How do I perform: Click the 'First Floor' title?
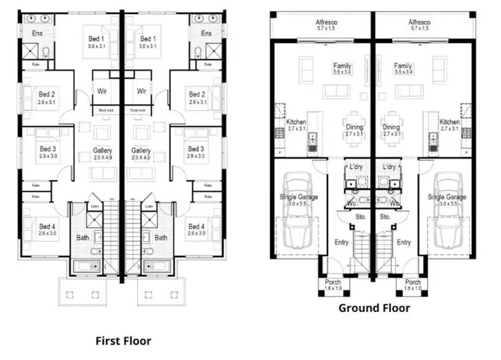click(x=123, y=341)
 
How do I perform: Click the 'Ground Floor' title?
click(x=373, y=308)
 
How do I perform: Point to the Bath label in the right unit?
click(x=161, y=237)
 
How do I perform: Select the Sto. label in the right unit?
click(x=385, y=216)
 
